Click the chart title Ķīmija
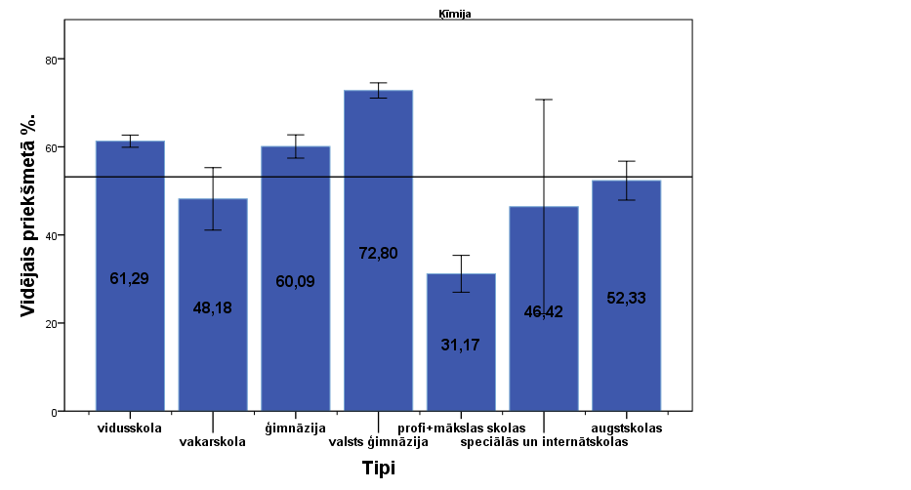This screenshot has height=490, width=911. tap(455, 15)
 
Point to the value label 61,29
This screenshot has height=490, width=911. tap(130, 279)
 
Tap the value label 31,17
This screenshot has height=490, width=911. tap(461, 345)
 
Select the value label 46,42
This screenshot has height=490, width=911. tap(544, 312)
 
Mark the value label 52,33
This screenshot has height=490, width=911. tap(626, 298)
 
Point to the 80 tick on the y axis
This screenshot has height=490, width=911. tap(55, 60)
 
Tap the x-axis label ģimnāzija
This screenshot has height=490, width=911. tap(295, 429)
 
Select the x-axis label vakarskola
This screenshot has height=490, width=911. tap(213, 441)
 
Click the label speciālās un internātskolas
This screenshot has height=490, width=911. tap(545, 441)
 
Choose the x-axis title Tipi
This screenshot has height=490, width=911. tap(379, 469)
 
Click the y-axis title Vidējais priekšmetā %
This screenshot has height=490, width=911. tap(30, 226)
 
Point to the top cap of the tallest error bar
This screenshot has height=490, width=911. tap(544, 100)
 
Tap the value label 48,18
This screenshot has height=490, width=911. tap(213, 308)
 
